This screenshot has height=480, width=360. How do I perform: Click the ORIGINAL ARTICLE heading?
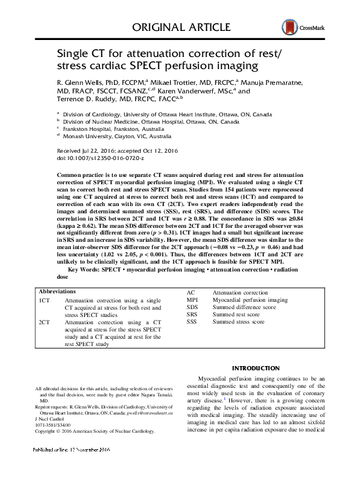(181, 27)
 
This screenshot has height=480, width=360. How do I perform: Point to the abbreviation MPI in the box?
(192, 300)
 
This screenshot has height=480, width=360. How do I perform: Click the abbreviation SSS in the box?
(193, 322)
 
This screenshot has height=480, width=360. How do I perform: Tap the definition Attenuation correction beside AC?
(240, 293)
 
